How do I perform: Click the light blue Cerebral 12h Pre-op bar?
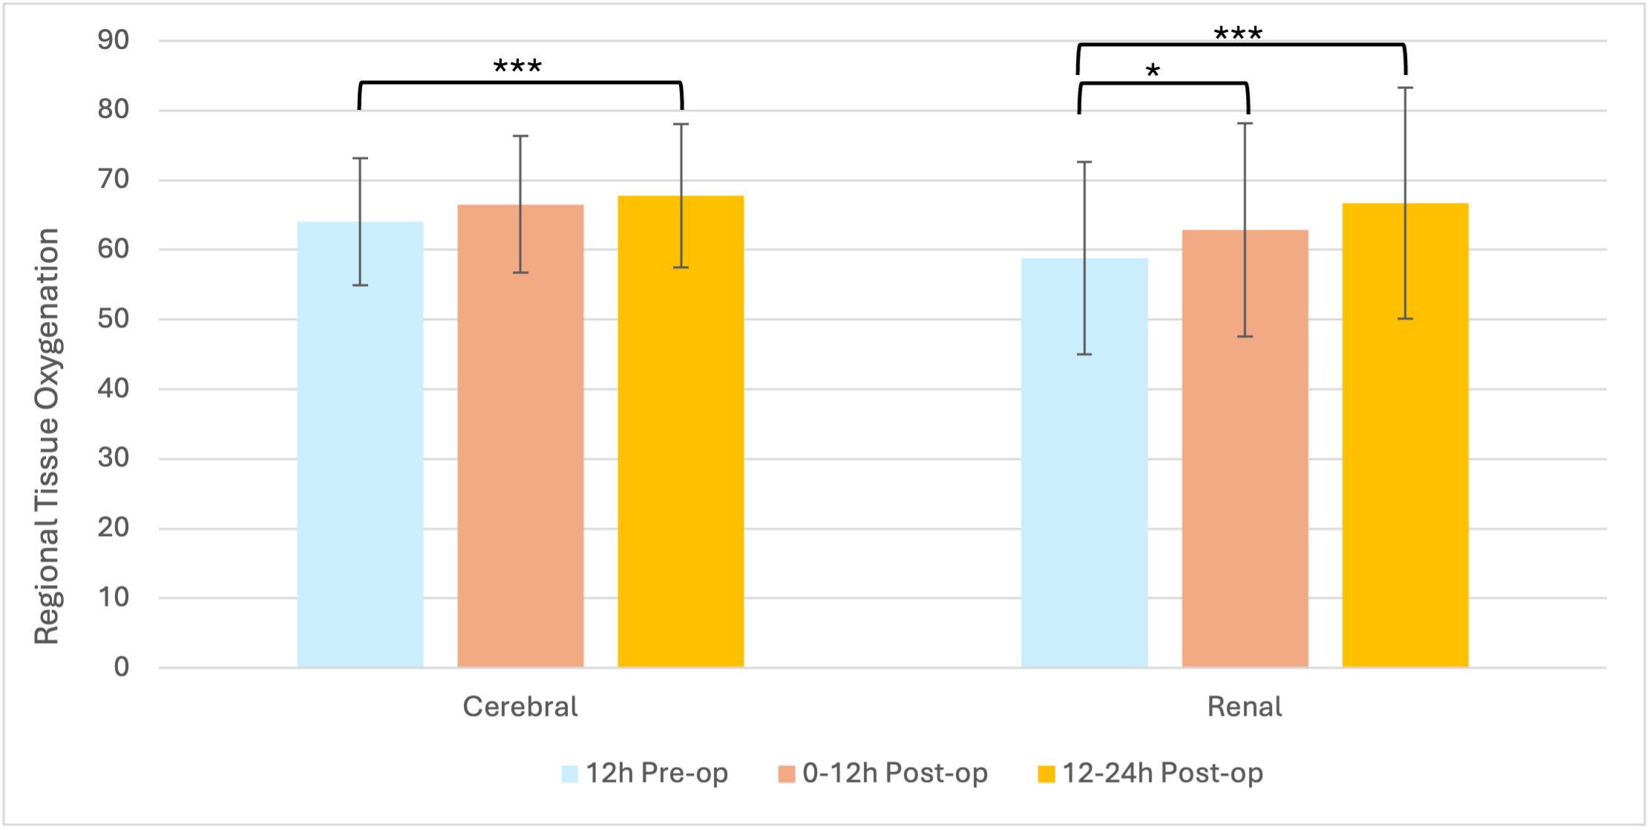point(360,444)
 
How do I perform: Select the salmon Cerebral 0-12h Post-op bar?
point(520,436)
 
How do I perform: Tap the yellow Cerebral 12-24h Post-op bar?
point(681,431)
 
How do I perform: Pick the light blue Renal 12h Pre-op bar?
point(1084,463)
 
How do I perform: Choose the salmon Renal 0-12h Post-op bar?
point(1245,448)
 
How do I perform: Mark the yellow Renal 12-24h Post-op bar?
point(1405,435)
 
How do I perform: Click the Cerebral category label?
point(520,706)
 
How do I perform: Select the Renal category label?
point(1245,706)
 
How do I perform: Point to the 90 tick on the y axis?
point(114,40)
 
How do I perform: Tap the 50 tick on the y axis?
point(114,318)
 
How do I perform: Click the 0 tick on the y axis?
point(122,667)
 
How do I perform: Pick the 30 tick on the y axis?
point(114,458)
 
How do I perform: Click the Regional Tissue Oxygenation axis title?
point(46,437)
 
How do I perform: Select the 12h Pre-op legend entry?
point(644,774)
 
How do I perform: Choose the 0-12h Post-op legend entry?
point(882,774)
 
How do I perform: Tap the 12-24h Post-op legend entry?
point(1150,774)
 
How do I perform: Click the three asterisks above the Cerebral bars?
point(517,66)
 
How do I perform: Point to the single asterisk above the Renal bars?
point(1153,71)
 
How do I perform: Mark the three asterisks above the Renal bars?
point(1238,33)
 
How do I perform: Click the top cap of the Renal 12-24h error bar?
point(1405,88)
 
